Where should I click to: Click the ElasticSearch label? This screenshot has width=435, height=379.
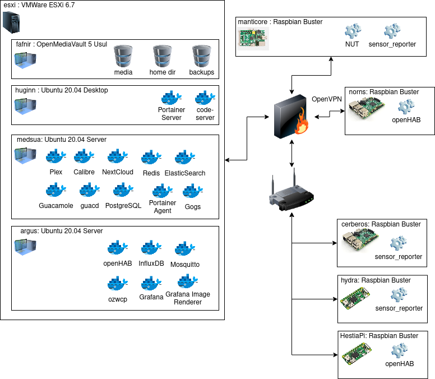pos(185,173)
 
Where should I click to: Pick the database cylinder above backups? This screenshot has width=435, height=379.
pos(201,56)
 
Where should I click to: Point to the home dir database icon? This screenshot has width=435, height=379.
pos(162,56)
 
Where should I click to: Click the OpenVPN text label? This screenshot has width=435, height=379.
pos(327,99)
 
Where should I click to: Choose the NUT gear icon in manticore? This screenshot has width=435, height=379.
pos(352,31)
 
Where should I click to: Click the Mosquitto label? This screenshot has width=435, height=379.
pos(184,264)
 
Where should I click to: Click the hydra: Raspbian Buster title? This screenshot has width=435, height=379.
pos(376,280)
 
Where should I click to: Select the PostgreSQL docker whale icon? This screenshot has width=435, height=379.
pos(123,191)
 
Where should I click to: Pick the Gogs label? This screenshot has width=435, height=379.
pos(193,207)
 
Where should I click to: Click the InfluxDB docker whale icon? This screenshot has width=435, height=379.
pos(151,248)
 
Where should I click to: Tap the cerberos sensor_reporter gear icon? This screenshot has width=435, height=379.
pos(398,243)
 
